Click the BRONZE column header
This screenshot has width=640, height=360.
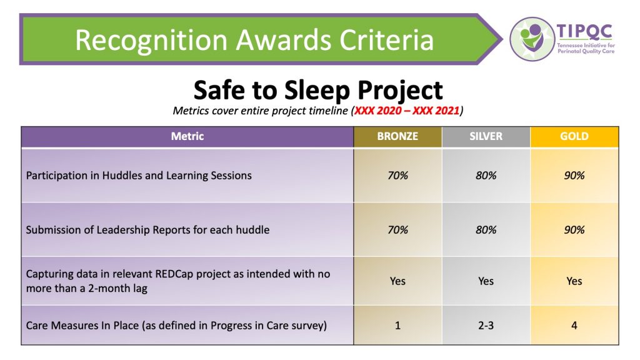397,136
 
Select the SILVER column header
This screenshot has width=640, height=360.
486,136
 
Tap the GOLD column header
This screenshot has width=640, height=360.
574,136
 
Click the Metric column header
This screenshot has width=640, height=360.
187,136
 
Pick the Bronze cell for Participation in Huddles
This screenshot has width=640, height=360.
397,176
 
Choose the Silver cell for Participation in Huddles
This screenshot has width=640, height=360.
486,176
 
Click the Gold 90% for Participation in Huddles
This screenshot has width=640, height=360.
574,176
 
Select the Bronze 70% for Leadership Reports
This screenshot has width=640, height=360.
397,230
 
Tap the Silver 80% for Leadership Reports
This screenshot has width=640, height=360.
486,230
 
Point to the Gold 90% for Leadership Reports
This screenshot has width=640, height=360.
574,230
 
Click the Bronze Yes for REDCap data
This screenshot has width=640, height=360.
397,281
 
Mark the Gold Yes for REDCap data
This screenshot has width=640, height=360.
574,281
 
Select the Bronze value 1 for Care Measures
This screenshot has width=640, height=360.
397,325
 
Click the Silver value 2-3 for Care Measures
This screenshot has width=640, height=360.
486,325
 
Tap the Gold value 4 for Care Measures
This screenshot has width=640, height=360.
574,325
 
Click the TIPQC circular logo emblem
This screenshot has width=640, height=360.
532,39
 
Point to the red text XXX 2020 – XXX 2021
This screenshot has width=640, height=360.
407,111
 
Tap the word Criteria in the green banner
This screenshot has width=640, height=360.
387,40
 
